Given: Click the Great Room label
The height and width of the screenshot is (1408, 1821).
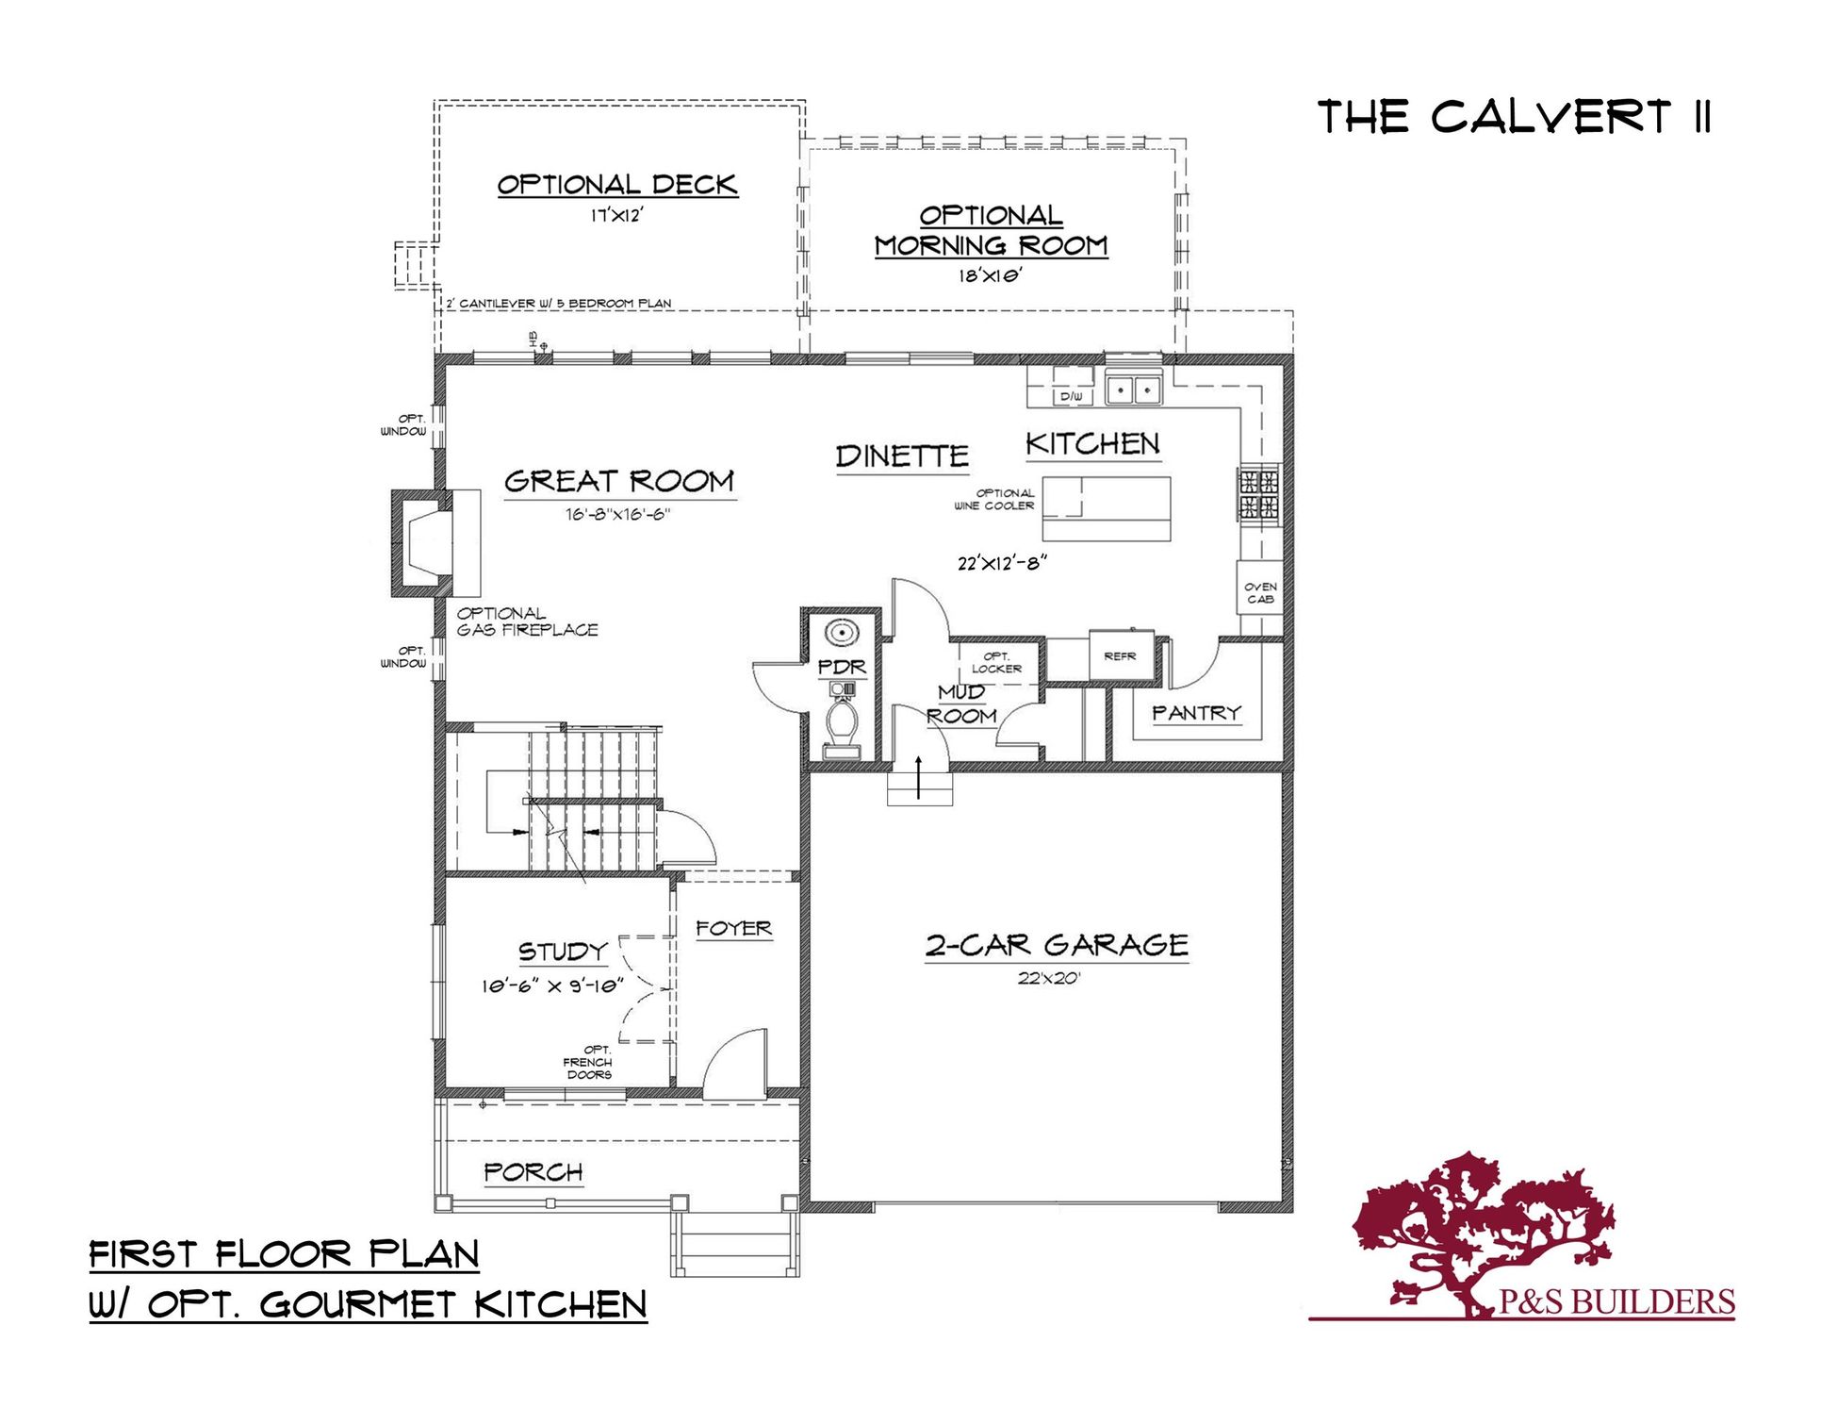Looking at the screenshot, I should coord(619,482).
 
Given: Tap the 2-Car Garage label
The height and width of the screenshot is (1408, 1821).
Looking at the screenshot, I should coord(1057,945).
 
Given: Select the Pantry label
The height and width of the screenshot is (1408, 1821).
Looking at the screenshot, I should coord(1197,713).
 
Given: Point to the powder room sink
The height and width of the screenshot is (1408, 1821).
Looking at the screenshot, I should coord(841,632).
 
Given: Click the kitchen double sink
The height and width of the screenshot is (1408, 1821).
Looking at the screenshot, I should coord(1133,389).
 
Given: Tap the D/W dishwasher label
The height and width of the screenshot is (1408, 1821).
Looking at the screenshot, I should coord(1072,397).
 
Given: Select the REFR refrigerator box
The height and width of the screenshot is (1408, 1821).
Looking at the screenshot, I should coord(1121,655).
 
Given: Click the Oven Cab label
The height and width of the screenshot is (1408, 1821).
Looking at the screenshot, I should coord(1260,592).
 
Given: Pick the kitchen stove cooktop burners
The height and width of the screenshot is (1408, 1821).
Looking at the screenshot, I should coord(1258,495).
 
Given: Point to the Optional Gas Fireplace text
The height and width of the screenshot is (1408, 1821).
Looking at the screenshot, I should coord(527,621).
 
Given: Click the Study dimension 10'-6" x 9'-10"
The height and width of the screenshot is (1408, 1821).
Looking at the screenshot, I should coord(553,986).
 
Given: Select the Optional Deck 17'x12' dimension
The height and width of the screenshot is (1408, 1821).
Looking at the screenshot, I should coord(616,216).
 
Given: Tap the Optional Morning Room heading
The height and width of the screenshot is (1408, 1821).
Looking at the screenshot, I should coord(991,231).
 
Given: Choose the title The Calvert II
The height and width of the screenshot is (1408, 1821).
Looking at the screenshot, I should coord(1514,118).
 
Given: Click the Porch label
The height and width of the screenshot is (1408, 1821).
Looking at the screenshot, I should coord(533,1172).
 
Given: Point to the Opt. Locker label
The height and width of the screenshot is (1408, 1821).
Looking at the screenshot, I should coord(996,662).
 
